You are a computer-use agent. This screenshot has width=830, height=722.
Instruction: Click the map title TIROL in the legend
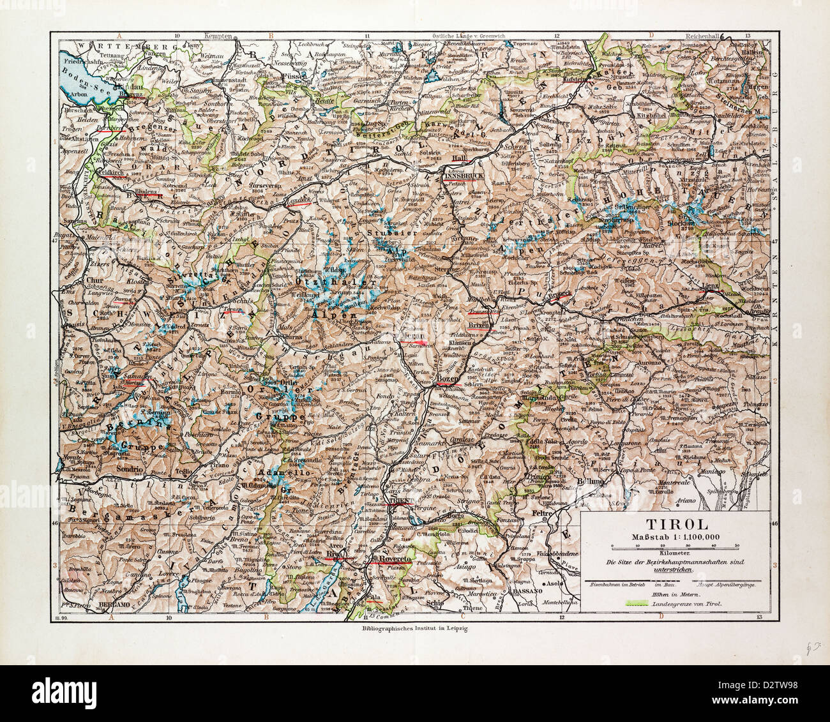(677, 523)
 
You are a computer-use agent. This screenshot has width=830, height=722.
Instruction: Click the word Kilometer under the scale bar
(677, 553)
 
